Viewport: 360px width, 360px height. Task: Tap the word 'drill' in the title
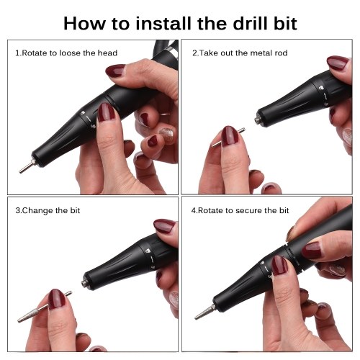coord(251,23)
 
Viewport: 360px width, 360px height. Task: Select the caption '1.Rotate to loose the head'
coord(66,53)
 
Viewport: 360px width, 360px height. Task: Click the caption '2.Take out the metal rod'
coord(240,53)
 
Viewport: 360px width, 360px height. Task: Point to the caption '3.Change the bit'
coord(48,210)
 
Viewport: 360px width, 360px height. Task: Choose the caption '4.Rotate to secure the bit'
coord(240,210)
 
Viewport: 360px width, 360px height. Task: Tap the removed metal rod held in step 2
coord(228,138)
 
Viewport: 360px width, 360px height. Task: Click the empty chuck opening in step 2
coord(258,120)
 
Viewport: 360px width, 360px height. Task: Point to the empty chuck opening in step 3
coord(84,284)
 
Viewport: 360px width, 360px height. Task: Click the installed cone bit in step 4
coord(204,312)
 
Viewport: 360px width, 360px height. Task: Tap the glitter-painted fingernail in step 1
coord(166,135)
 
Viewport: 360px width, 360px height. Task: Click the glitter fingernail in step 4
coord(338,269)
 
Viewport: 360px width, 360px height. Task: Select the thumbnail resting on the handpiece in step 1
coord(106,112)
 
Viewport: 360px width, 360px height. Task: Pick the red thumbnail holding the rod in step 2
coord(230,136)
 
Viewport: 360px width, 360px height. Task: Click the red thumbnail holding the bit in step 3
coord(57,299)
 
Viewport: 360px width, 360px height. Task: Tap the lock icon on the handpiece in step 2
coord(320,88)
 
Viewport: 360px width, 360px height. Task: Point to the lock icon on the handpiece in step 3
coord(148,251)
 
